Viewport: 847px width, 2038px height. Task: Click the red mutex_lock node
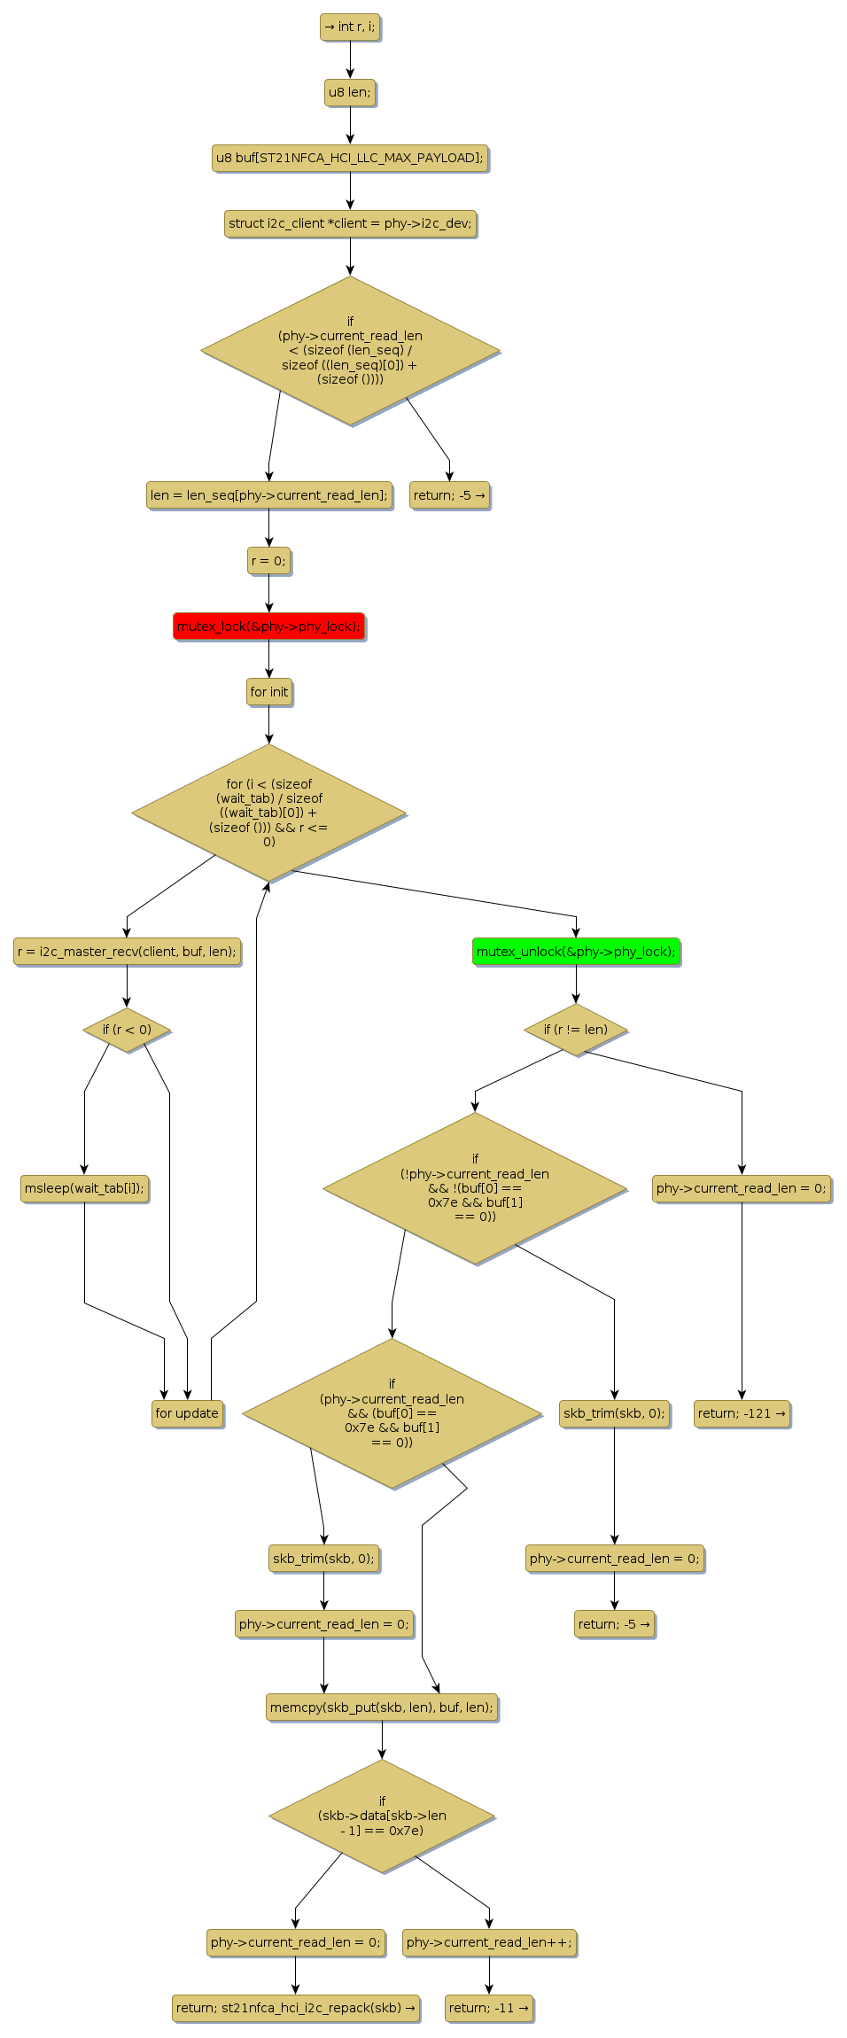click(x=268, y=626)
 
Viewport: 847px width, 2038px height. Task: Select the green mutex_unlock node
click(x=576, y=952)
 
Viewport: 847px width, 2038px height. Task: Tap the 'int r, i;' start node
click(x=350, y=27)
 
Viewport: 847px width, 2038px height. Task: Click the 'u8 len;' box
click(x=350, y=92)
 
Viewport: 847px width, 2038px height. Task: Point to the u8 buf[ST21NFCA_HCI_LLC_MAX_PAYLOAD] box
click(x=350, y=158)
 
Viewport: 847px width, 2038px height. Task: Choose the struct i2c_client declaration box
click(x=350, y=223)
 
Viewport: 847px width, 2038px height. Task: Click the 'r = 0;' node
click(x=268, y=561)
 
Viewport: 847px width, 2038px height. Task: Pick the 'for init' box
click(x=268, y=692)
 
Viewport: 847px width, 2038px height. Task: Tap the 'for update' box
click(x=187, y=1413)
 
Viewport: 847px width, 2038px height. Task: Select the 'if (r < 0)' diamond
click(x=127, y=1030)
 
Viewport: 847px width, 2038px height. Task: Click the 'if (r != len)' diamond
click(x=576, y=1030)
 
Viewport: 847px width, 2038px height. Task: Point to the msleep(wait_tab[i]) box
click(x=84, y=1188)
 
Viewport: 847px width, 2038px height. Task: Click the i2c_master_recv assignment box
click(x=127, y=952)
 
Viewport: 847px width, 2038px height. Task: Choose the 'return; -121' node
click(x=742, y=1413)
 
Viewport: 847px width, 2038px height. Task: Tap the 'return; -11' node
click(x=488, y=2008)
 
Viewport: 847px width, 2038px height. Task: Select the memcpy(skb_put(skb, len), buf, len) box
click(x=382, y=1707)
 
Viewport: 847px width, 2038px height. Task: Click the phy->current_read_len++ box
click(x=489, y=1942)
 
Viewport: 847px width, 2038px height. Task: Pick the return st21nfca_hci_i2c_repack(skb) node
click(x=296, y=2008)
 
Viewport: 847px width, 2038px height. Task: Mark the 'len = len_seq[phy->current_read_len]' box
click(x=268, y=495)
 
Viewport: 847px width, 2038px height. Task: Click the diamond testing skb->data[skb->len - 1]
click(x=382, y=1816)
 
